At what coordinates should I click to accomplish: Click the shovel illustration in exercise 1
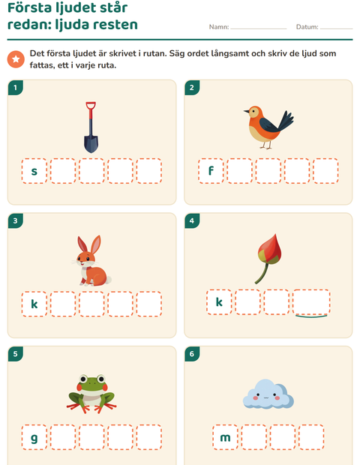pyautogui.click(x=91, y=127)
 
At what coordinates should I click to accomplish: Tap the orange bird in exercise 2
pyautogui.click(x=268, y=127)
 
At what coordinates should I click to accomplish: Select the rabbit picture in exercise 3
pyautogui.click(x=92, y=261)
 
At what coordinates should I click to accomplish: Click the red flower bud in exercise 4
pyautogui.click(x=268, y=258)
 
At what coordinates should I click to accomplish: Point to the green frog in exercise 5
pyautogui.click(x=91, y=394)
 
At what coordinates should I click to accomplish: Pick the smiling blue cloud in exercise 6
pyautogui.click(x=268, y=394)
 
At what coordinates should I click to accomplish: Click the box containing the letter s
pyautogui.click(x=34, y=171)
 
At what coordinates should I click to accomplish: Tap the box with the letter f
pyautogui.click(x=211, y=171)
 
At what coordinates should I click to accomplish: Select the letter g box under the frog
pyautogui.click(x=34, y=437)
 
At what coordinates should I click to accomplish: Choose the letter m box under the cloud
pyautogui.click(x=225, y=437)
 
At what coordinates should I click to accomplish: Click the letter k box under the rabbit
pyautogui.click(x=34, y=304)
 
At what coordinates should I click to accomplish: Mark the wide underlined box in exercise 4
pyautogui.click(x=311, y=302)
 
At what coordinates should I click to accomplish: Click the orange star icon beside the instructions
pyautogui.click(x=16, y=59)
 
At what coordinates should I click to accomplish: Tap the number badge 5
pyautogui.click(x=16, y=354)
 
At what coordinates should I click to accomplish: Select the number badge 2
pyautogui.click(x=192, y=88)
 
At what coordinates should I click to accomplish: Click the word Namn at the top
pyautogui.click(x=218, y=27)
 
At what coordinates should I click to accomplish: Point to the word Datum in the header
pyautogui.click(x=307, y=27)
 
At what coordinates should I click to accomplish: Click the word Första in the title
pyautogui.click(x=29, y=7)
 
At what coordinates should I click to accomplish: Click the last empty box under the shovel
pyautogui.click(x=148, y=171)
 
